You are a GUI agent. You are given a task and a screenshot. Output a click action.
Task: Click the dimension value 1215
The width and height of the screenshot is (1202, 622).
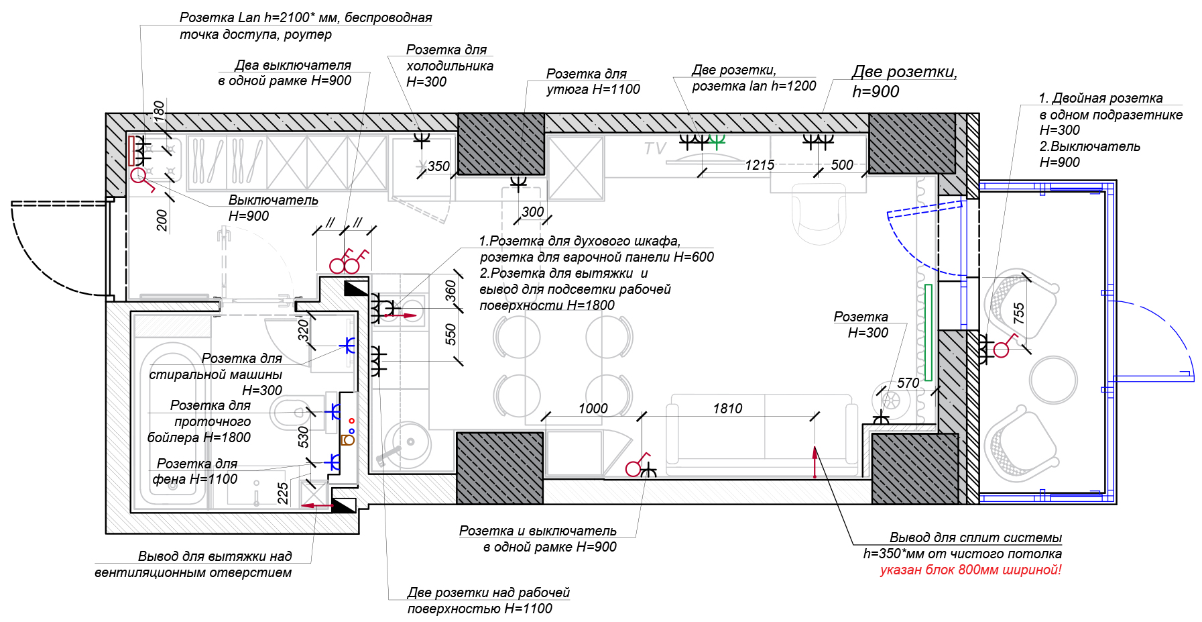(x=760, y=165)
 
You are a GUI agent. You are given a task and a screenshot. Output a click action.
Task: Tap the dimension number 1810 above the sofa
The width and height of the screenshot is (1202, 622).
(x=727, y=409)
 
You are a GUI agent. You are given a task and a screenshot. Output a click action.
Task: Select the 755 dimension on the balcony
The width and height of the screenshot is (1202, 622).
(x=1019, y=313)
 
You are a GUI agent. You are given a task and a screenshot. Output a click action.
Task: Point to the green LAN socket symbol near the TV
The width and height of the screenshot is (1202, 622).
(x=717, y=141)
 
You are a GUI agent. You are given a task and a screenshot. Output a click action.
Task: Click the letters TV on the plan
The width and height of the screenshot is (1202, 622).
(x=655, y=148)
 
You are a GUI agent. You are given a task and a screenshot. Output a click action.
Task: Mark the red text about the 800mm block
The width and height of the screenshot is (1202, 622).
(x=970, y=570)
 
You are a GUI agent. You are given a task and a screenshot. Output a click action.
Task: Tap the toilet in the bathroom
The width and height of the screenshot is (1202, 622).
(x=288, y=412)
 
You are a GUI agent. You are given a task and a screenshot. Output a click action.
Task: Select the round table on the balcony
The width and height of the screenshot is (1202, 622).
(x=1053, y=379)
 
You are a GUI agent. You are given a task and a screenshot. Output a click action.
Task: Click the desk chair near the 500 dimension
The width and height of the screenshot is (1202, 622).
(x=819, y=215)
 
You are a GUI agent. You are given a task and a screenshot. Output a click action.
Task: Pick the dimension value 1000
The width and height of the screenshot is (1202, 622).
(x=593, y=409)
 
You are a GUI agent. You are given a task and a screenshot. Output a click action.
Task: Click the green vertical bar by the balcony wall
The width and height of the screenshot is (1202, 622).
(x=928, y=332)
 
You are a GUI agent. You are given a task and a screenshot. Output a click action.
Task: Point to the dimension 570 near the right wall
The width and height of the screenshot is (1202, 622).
(x=908, y=383)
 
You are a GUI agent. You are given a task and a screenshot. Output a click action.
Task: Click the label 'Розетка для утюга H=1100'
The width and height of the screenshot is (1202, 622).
(x=593, y=82)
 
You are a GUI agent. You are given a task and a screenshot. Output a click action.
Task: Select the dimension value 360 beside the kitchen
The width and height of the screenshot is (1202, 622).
(x=450, y=291)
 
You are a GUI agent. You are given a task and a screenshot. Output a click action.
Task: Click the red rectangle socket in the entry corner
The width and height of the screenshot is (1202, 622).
(x=132, y=150)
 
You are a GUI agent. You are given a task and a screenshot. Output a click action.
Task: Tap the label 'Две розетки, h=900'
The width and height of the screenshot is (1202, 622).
(x=904, y=82)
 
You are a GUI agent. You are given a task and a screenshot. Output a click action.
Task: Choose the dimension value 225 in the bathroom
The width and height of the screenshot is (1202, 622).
(x=283, y=493)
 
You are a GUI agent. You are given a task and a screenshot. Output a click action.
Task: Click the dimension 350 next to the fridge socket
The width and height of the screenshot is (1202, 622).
(x=438, y=166)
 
